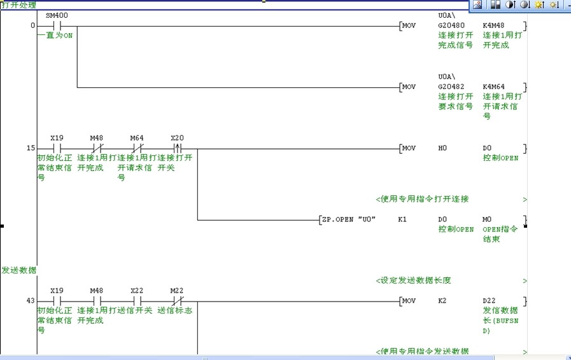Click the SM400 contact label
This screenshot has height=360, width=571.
click(57, 15)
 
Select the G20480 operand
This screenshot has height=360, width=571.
click(451, 26)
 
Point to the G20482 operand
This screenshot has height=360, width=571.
click(451, 87)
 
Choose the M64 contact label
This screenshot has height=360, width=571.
click(137, 137)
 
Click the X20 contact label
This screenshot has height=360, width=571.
click(177, 137)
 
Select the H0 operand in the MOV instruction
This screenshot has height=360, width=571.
click(443, 148)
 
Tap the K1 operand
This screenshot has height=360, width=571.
click(402, 219)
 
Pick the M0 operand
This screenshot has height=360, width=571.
click(488, 219)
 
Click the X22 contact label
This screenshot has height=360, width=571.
click(137, 291)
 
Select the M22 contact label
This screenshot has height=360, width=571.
click(177, 291)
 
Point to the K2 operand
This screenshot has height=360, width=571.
click(443, 301)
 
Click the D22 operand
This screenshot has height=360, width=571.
click(489, 301)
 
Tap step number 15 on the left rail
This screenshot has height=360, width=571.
click(31, 148)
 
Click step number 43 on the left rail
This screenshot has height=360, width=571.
click(31, 301)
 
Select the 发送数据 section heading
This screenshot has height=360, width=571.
click(19, 270)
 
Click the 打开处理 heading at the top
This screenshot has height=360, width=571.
click(19, 4)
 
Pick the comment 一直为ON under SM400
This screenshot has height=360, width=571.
click(55, 36)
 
